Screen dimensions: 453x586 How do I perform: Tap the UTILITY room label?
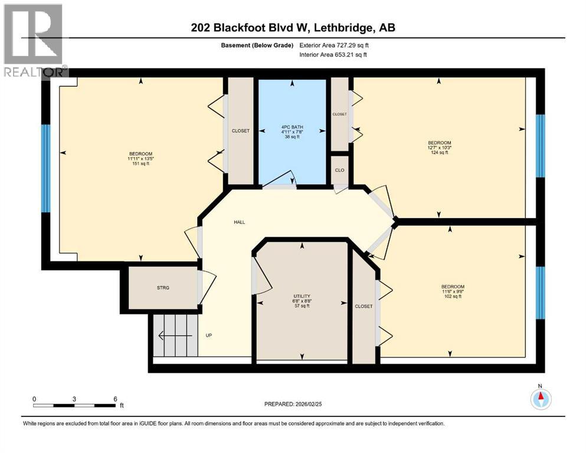(x=302, y=296)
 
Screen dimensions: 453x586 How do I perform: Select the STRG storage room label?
(x=163, y=287)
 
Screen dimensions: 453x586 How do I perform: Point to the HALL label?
(x=239, y=222)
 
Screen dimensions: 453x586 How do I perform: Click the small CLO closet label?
(x=339, y=170)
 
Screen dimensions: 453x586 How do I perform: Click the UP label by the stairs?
(x=208, y=336)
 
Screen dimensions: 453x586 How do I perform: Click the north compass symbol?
(x=540, y=399)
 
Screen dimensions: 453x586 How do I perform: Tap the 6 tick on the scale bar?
(x=114, y=399)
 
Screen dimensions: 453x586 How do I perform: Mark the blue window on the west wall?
(x=45, y=168)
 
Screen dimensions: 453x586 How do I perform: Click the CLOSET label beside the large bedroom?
(x=240, y=131)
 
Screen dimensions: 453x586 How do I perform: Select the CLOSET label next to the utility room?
(x=364, y=306)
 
